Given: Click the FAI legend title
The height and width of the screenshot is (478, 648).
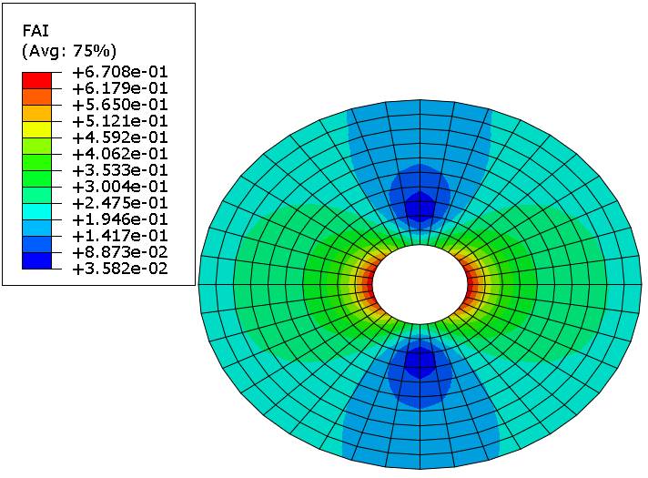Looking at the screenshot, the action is (x=35, y=32).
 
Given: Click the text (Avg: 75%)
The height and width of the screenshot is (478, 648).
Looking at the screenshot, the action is (x=69, y=51).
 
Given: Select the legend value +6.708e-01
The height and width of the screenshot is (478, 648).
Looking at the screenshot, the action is (x=120, y=72).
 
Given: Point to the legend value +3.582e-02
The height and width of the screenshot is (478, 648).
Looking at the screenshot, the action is (x=120, y=269).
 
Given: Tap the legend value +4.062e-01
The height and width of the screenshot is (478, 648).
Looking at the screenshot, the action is (x=120, y=154).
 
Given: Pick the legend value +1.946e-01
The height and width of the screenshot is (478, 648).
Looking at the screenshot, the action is (x=120, y=219).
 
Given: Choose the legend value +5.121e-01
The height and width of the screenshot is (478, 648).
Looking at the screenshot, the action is (x=120, y=122).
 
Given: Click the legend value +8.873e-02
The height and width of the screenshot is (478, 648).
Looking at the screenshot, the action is (x=120, y=252).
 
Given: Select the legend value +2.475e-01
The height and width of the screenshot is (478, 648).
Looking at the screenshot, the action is (x=120, y=203).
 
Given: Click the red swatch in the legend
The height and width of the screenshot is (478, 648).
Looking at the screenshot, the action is (x=36, y=81).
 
